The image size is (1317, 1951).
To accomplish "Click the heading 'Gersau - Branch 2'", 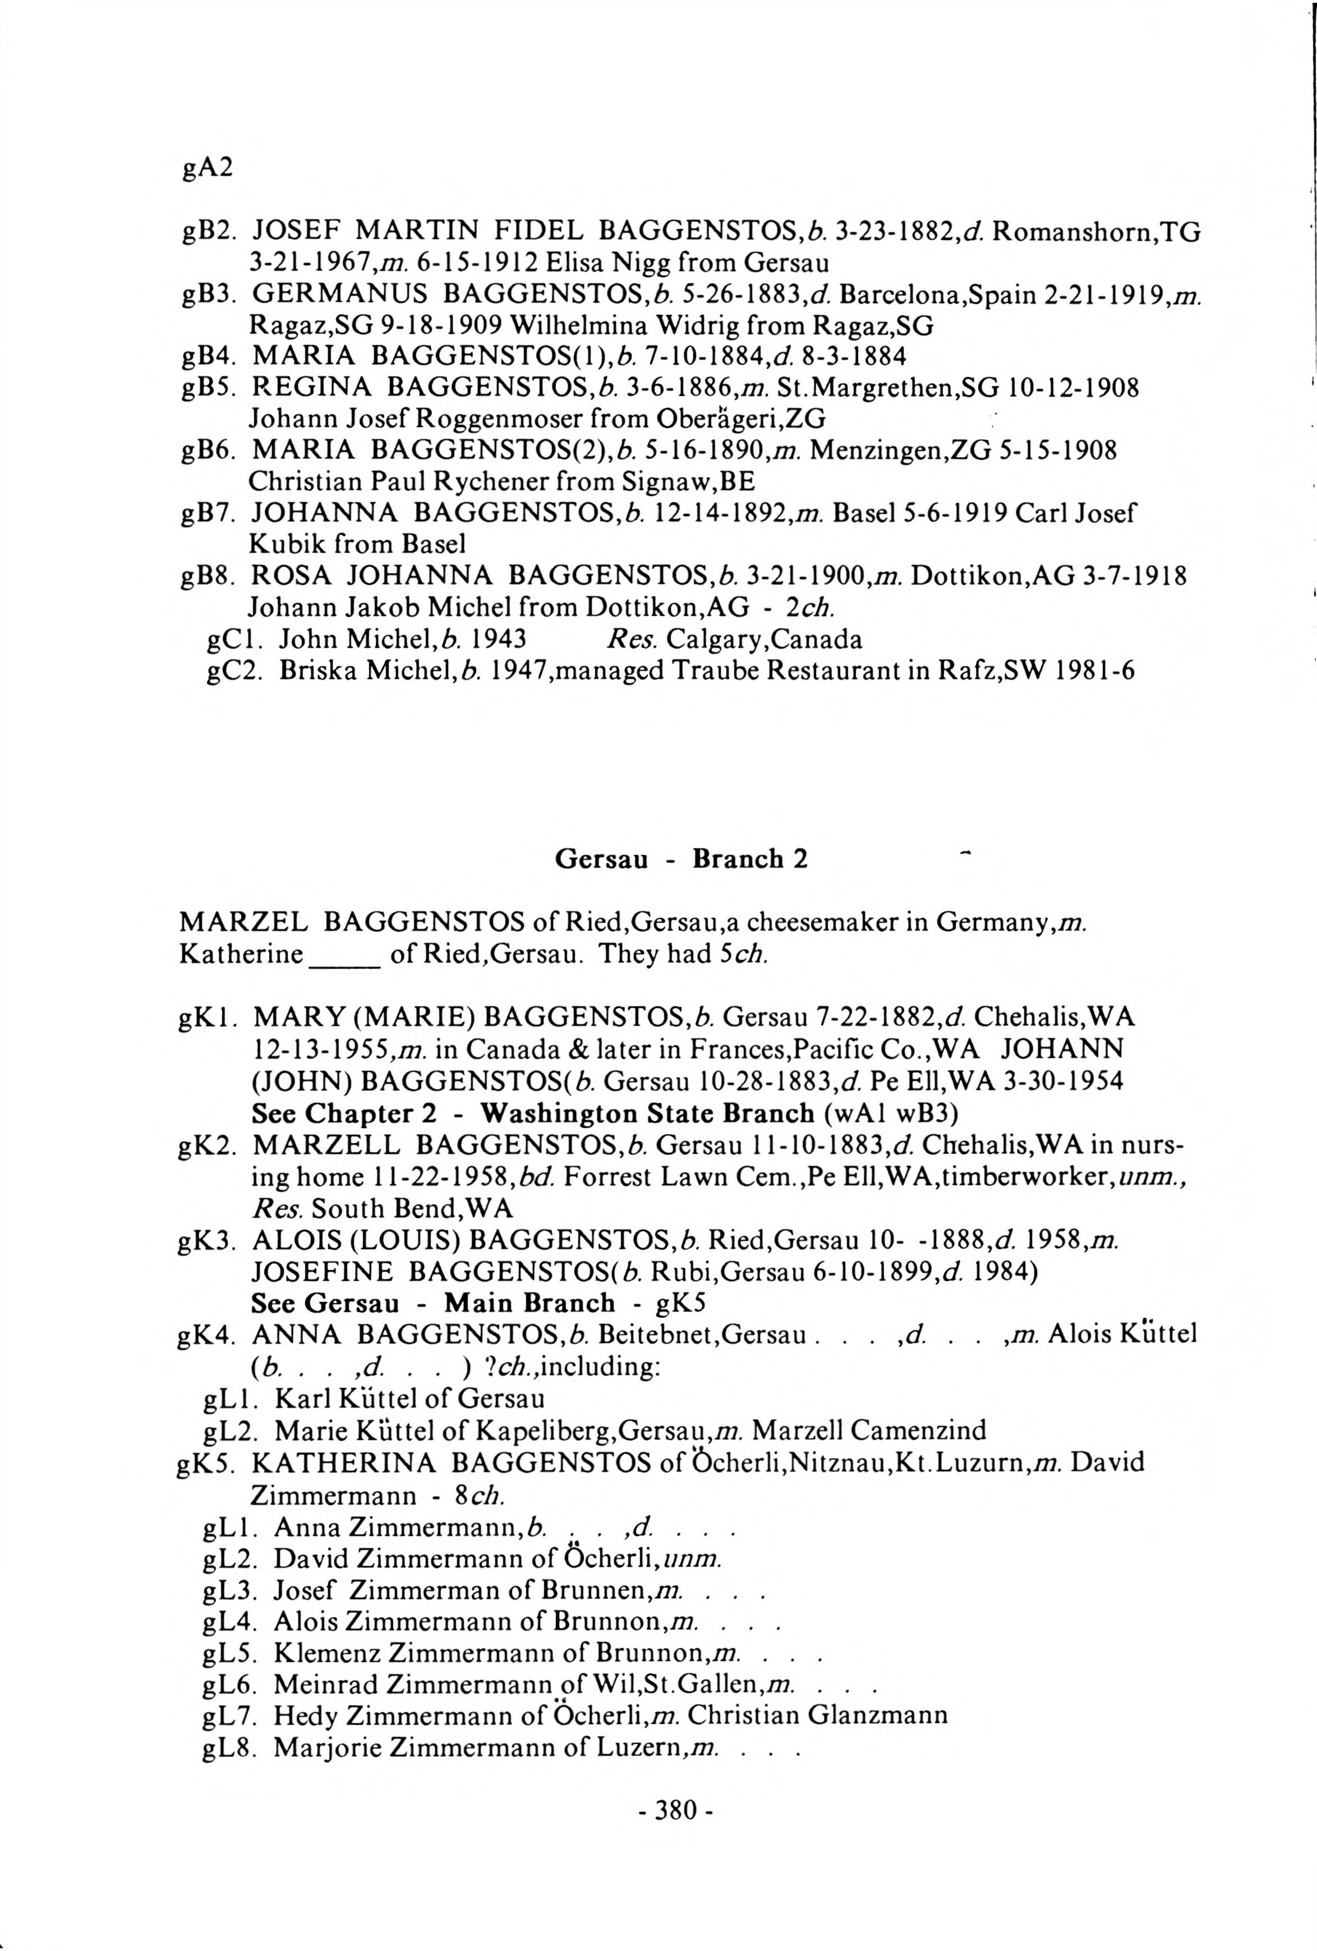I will (x=681, y=859).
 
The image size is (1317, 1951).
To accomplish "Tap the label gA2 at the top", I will (x=206, y=168).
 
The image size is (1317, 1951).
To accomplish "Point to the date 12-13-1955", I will (x=321, y=1050).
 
